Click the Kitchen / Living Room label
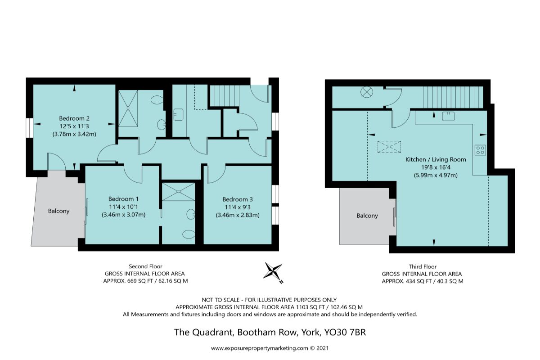[x=436, y=159]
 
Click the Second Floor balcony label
[x=59, y=211]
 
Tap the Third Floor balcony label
[x=367, y=216]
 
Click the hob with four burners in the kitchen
[x=480, y=150]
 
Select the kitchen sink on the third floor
[x=448, y=116]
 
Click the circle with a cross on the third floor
[x=367, y=93]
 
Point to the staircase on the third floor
[x=452, y=97]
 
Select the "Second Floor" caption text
[x=145, y=266]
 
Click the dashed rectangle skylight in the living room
[x=389, y=147]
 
